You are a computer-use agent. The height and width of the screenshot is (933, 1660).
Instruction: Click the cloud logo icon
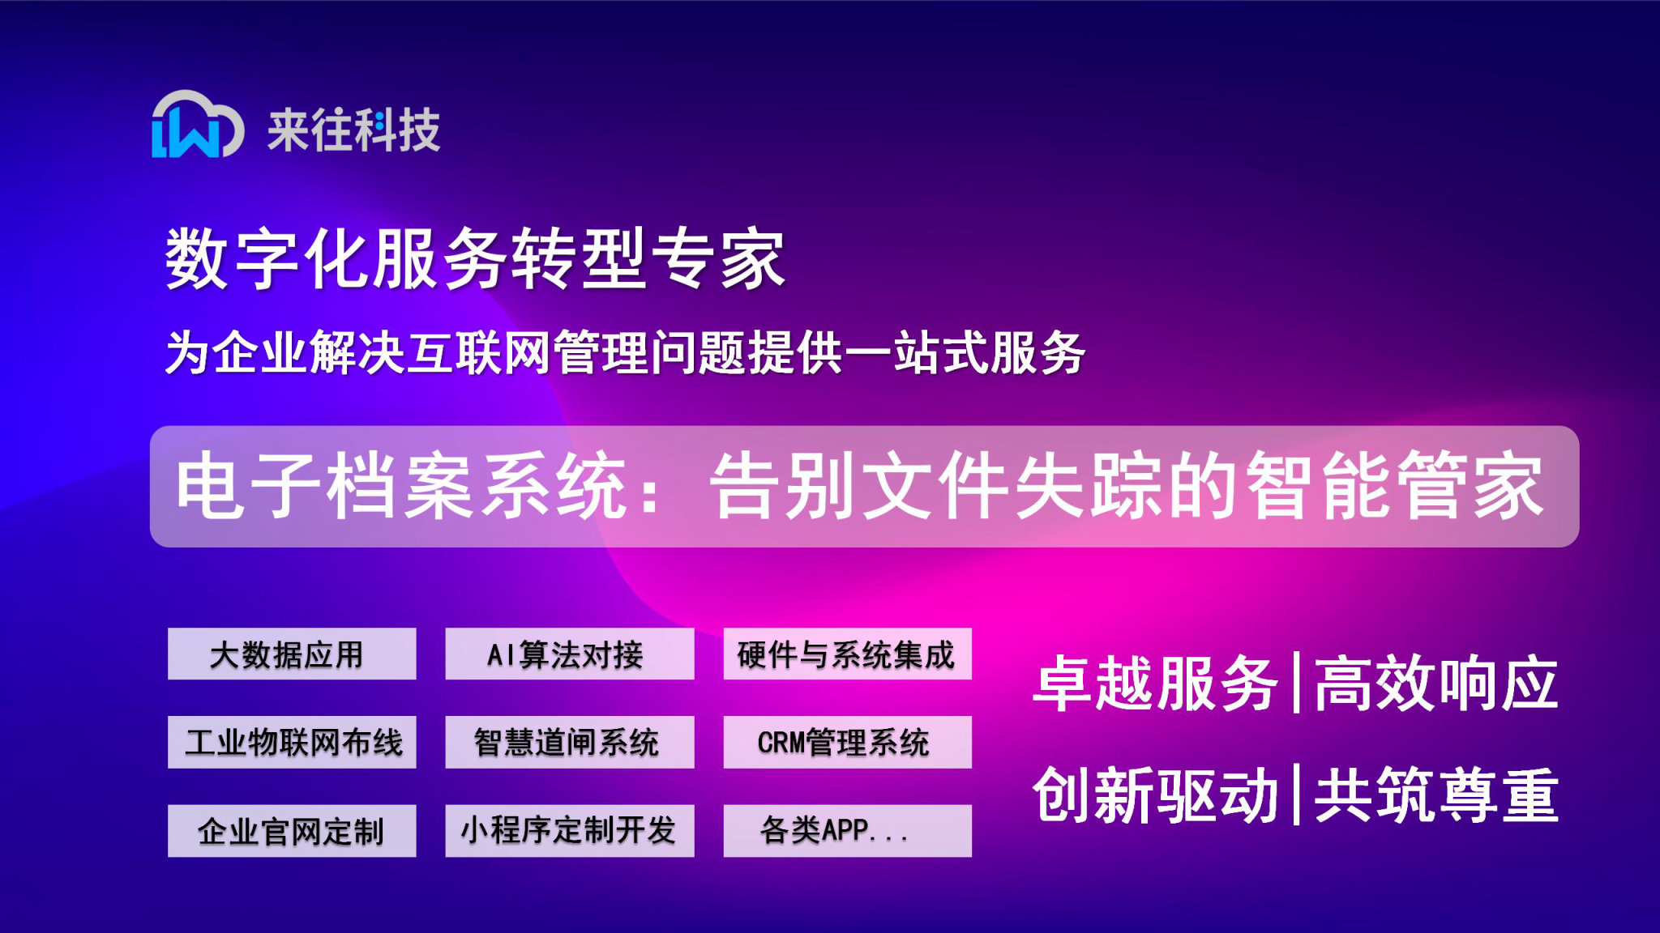coord(197,125)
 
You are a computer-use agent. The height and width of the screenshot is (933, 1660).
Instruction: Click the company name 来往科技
coord(354,130)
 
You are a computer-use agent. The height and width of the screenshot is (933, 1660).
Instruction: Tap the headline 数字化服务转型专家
coord(475,258)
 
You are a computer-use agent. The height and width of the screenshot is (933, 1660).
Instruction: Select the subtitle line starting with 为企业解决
coord(624,353)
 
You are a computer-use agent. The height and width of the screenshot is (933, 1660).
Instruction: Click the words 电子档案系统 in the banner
coord(401,486)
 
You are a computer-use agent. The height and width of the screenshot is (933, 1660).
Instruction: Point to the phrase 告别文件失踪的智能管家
coord(1127,486)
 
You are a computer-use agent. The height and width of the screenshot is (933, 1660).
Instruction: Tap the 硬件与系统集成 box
coord(847,654)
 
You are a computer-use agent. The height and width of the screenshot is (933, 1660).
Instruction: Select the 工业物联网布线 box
coord(292,742)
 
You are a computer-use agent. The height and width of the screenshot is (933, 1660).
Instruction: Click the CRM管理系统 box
coord(847,742)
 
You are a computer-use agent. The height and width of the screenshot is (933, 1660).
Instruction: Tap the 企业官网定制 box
coord(292,830)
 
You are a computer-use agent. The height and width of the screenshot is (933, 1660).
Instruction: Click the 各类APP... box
coord(847,830)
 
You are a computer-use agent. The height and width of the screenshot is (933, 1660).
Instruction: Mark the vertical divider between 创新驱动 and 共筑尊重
coord(1296,795)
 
